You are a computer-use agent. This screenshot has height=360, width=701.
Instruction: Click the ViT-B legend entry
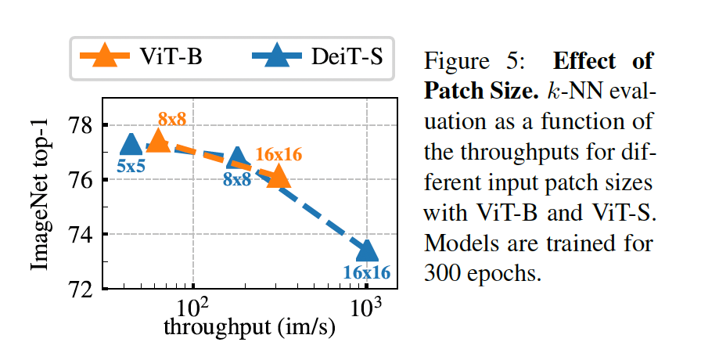click(x=145, y=57)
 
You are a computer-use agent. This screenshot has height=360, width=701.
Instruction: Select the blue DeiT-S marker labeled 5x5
click(x=131, y=144)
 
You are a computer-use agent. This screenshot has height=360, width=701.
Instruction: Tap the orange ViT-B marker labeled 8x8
click(x=157, y=140)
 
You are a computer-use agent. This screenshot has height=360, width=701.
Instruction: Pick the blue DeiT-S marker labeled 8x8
click(x=237, y=157)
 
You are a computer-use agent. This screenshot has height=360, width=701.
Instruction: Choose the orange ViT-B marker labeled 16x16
click(x=279, y=178)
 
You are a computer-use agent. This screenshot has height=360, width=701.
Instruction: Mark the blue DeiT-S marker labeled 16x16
click(x=367, y=250)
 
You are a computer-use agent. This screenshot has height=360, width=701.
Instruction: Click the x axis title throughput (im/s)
click(x=249, y=328)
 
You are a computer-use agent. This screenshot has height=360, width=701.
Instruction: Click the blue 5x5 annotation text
click(x=131, y=166)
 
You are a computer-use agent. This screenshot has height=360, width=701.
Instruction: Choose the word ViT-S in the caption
click(x=626, y=214)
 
